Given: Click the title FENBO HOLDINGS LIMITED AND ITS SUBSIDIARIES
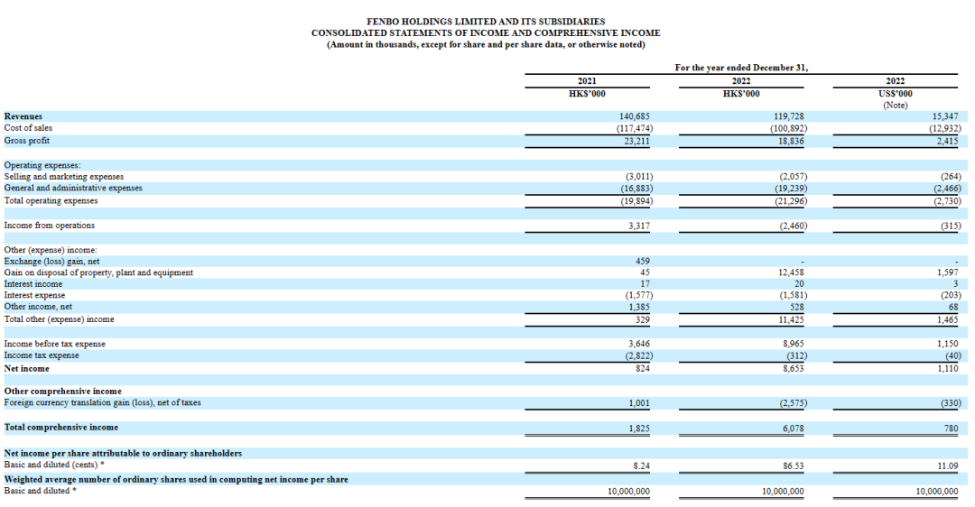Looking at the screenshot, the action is [486, 21].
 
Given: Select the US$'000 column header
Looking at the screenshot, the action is [896, 94].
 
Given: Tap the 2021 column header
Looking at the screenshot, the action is [587, 81].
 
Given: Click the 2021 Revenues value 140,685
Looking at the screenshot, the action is [635, 116].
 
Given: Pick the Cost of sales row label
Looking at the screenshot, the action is [28, 128].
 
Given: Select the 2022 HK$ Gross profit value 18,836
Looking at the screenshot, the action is [791, 141].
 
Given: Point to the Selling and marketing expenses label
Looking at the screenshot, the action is [64, 177].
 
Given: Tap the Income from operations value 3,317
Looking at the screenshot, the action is [639, 226].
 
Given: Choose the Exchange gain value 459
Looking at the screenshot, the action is [643, 262].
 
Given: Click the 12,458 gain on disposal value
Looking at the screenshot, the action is [791, 272].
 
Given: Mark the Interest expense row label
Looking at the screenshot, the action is [34, 295].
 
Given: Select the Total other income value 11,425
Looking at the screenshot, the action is [791, 319].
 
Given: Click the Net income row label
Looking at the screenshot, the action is [27, 368].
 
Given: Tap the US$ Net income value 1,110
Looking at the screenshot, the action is [948, 368].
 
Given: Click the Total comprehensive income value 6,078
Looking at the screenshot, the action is [794, 429].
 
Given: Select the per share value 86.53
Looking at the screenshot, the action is [794, 466].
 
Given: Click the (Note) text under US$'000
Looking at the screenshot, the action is [896, 105].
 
